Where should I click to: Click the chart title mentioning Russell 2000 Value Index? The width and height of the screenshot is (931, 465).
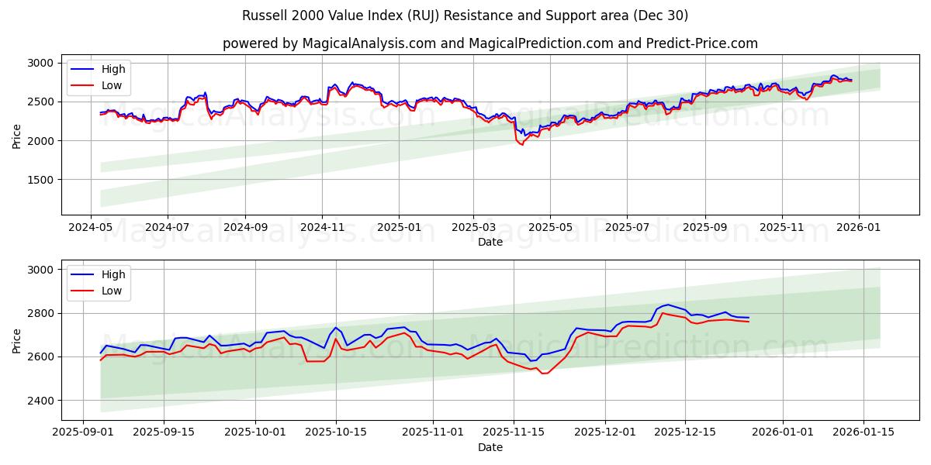tap(465, 15)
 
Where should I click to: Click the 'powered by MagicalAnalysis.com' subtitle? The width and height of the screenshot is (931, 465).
tap(490, 43)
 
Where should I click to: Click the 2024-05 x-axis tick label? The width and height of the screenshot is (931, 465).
tap(92, 228)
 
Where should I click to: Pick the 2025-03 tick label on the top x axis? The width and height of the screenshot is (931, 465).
tap(473, 228)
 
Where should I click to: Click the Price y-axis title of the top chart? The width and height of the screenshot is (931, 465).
tap(17, 135)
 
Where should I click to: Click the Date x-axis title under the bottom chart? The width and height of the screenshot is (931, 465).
tap(490, 447)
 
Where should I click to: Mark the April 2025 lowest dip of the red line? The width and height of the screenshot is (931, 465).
tap(521, 145)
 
